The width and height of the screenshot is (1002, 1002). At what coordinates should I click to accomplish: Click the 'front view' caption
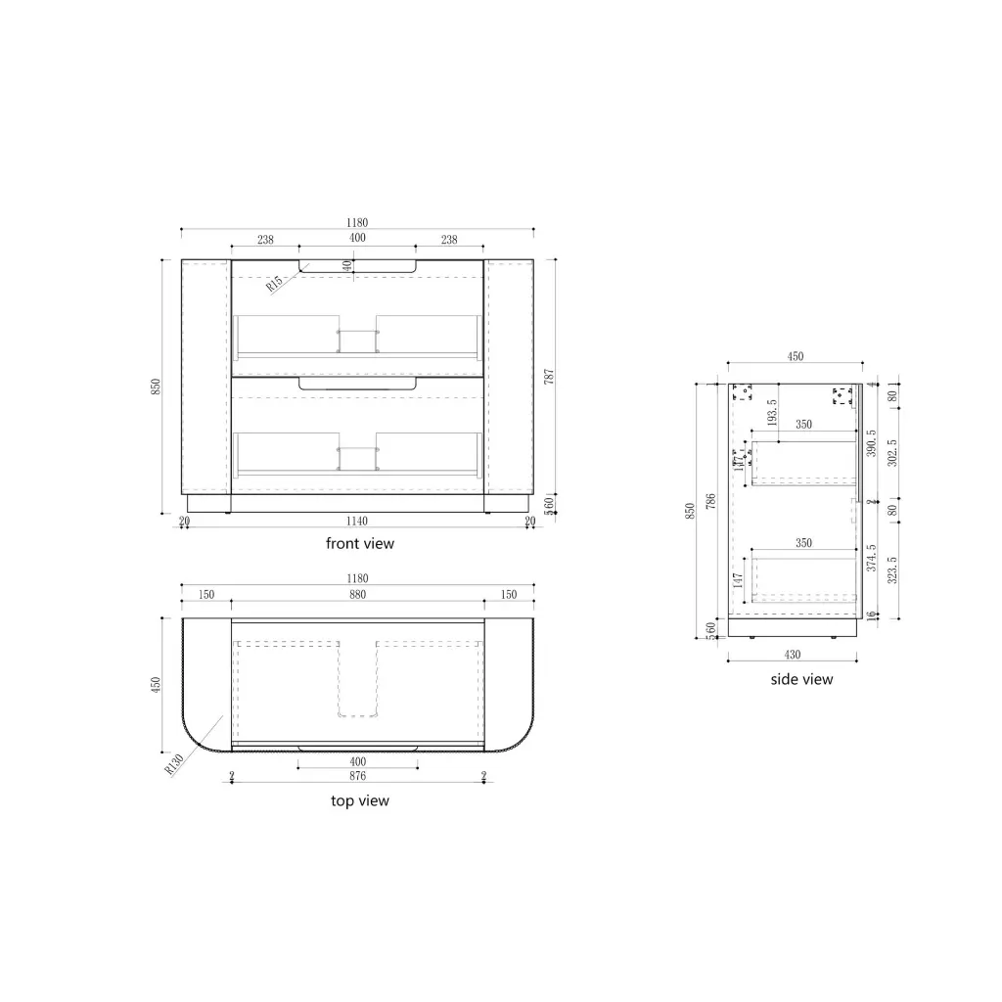point(360,543)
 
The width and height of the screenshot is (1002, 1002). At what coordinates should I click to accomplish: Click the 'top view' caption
point(360,800)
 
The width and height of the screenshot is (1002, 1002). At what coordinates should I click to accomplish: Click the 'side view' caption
point(801,679)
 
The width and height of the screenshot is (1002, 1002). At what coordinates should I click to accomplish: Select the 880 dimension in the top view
point(357,595)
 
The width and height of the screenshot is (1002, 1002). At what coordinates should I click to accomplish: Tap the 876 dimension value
point(357,776)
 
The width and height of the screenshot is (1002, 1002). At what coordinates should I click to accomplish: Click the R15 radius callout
point(275,284)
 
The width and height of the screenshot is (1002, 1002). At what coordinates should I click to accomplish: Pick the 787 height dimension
point(549,377)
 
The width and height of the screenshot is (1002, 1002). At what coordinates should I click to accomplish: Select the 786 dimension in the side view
point(711,501)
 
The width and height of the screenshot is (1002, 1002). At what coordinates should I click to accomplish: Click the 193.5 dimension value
point(772,414)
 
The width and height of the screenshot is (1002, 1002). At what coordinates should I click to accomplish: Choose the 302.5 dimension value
point(891,453)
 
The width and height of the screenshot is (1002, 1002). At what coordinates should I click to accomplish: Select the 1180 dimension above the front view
point(357,223)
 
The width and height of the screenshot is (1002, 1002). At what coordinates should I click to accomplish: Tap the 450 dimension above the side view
point(796,357)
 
